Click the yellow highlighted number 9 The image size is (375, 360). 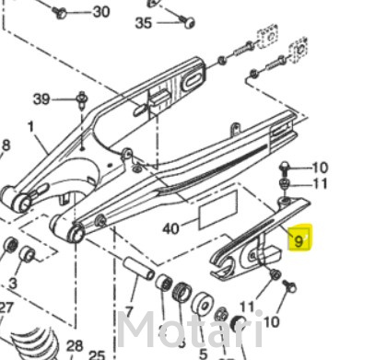[299, 238]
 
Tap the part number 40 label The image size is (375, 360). [171, 228]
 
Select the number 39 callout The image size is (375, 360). [41, 99]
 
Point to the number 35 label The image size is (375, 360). [144, 23]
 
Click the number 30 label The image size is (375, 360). [101, 12]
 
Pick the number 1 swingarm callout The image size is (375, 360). [30, 126]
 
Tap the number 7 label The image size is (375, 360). [130, 311]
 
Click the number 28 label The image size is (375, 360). [75, 346]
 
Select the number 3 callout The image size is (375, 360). [13, 283]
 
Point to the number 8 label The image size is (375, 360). [6, 145]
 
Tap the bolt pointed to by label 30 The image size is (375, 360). [60, 12]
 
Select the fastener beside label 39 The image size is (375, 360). [82, 99]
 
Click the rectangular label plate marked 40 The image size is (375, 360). [218, 209]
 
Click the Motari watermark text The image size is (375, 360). [191, 330]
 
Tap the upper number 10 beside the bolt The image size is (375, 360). [320, 168]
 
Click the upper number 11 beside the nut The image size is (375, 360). [320, 184]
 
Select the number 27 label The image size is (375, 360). [6, 308]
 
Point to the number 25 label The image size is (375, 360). [97, 354]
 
